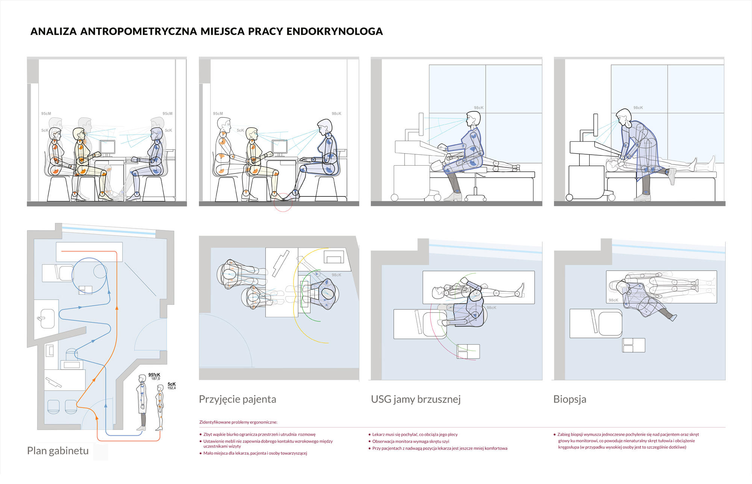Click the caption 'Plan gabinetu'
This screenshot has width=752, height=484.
tap(58, 451)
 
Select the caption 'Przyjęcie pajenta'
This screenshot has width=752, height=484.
tap(237, 399)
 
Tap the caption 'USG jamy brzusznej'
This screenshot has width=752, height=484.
tap(415, 399)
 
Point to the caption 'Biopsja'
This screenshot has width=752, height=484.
tap(570, 399)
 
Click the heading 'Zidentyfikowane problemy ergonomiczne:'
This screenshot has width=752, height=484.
tap(238, 422)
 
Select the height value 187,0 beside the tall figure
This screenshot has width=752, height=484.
tap(156, 379)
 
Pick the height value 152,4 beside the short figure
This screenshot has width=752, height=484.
tap(171, 388)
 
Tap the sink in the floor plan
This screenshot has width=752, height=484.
tap(47, 318)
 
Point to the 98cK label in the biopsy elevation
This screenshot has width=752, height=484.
tap(638, 108)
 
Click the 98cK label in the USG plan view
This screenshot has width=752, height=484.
tap(491, 307)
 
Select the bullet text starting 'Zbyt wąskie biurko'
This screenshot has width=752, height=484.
tap(259, 434)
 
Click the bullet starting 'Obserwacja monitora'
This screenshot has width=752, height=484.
tap(411, 441)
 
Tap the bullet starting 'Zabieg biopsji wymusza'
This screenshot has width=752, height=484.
tap(628, 434)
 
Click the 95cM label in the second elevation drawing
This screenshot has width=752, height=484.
tap(218, 114)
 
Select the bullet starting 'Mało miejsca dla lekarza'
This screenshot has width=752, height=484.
tap(255, 453)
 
